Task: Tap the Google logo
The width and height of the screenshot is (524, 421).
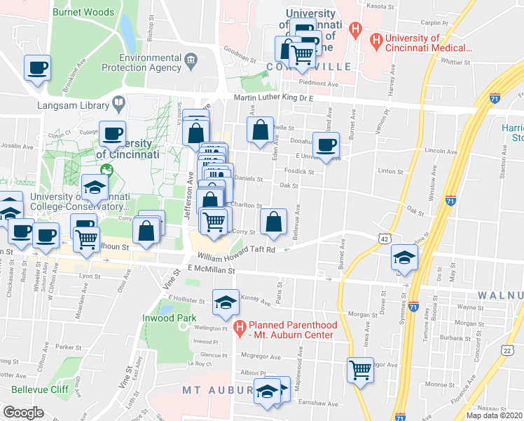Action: click(23, 412)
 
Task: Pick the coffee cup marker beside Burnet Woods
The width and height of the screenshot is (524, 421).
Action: click(38, 69)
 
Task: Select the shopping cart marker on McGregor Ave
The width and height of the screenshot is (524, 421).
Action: click(360, 369)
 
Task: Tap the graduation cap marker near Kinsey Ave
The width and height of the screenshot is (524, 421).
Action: click(226, 302)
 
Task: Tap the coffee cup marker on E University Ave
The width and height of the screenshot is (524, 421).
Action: click(326, 146)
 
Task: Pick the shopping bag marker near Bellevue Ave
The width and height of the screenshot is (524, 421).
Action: click(274, 222)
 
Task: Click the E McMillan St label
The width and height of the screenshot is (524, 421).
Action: click(210, 269)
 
